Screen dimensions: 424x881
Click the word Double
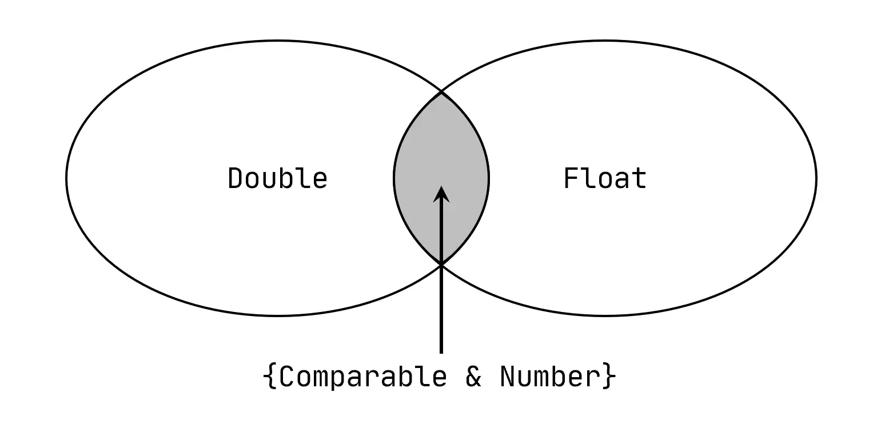pyautogui.click(x=277, y=178)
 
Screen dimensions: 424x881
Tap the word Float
pyautogui.click(x=605, y=178)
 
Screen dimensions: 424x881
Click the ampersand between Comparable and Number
pyautogui.click(x=473, y=377)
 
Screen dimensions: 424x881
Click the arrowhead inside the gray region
pyautogui.click(x=441, y=194)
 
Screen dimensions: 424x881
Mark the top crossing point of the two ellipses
pyautogui.click(x=441, y=91)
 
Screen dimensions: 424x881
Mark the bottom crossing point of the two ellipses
pyautogui.click(x=441, y=265)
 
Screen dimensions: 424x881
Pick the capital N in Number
pyautogui.click(x=507, y=377)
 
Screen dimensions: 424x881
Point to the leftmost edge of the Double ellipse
pyautogui.click(x=67, y=178)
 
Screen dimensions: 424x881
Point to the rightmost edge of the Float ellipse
pyautogui.click(x=816, y=178)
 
